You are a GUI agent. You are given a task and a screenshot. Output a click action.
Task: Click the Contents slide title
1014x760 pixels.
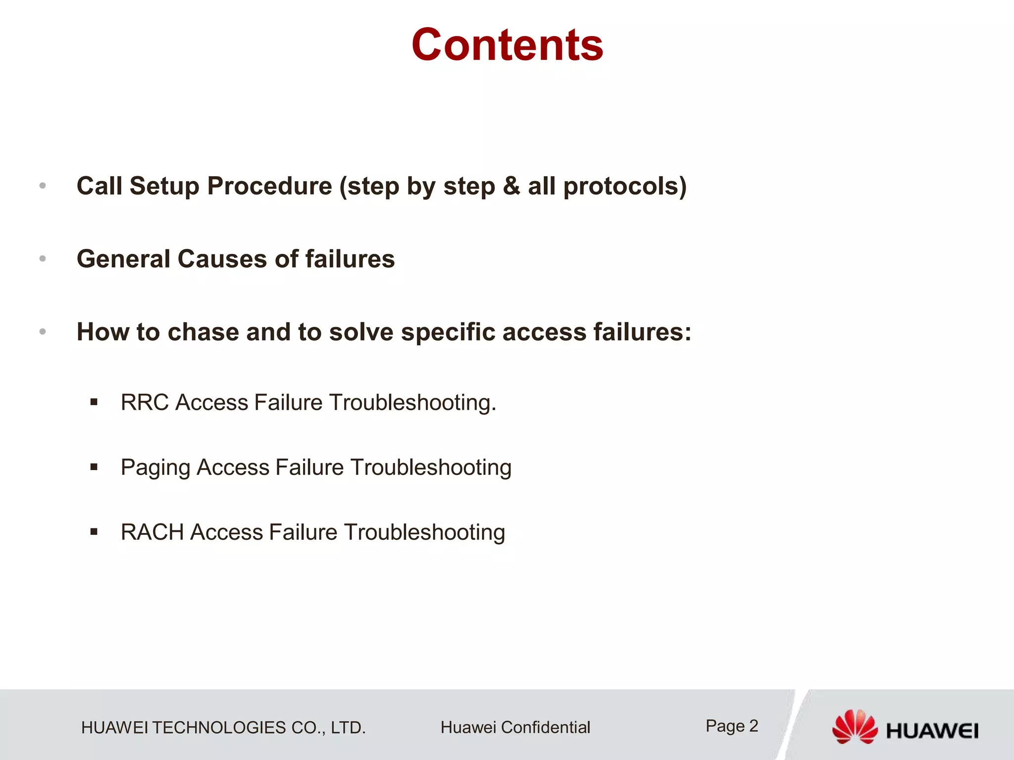[x=507, y=45]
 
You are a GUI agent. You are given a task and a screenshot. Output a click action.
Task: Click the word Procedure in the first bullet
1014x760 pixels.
[x=269, y=187]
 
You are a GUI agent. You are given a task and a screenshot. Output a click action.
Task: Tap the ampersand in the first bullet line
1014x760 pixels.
[x=511, y=187]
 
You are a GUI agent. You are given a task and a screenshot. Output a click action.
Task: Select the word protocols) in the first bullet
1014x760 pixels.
[x=625, y=187]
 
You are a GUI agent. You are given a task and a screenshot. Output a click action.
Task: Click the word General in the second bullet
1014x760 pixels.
[x=123, y=259]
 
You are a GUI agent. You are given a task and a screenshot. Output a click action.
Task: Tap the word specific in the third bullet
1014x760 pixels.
[x=448, y=332]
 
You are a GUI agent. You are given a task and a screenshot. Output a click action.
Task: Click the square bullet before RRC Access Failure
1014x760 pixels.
[x=94, y=402]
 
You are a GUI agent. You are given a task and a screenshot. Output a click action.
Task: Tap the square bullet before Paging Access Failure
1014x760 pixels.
[x=94, y=467]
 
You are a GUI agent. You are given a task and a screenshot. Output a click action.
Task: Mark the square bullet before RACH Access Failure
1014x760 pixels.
[x=94, y=532]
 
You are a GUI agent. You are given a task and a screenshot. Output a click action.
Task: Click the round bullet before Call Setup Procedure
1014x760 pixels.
[x=43, y=186]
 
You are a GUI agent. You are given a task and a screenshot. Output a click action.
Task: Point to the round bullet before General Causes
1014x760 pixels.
[x=43, y=258]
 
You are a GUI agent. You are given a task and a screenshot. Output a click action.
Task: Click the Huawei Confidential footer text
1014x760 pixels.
[x=515, y=727]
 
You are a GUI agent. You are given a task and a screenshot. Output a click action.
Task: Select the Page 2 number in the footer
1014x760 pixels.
[x=732, y=726]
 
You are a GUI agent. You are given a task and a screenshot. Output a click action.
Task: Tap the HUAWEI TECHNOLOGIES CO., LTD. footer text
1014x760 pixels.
[x=223, y=728]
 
